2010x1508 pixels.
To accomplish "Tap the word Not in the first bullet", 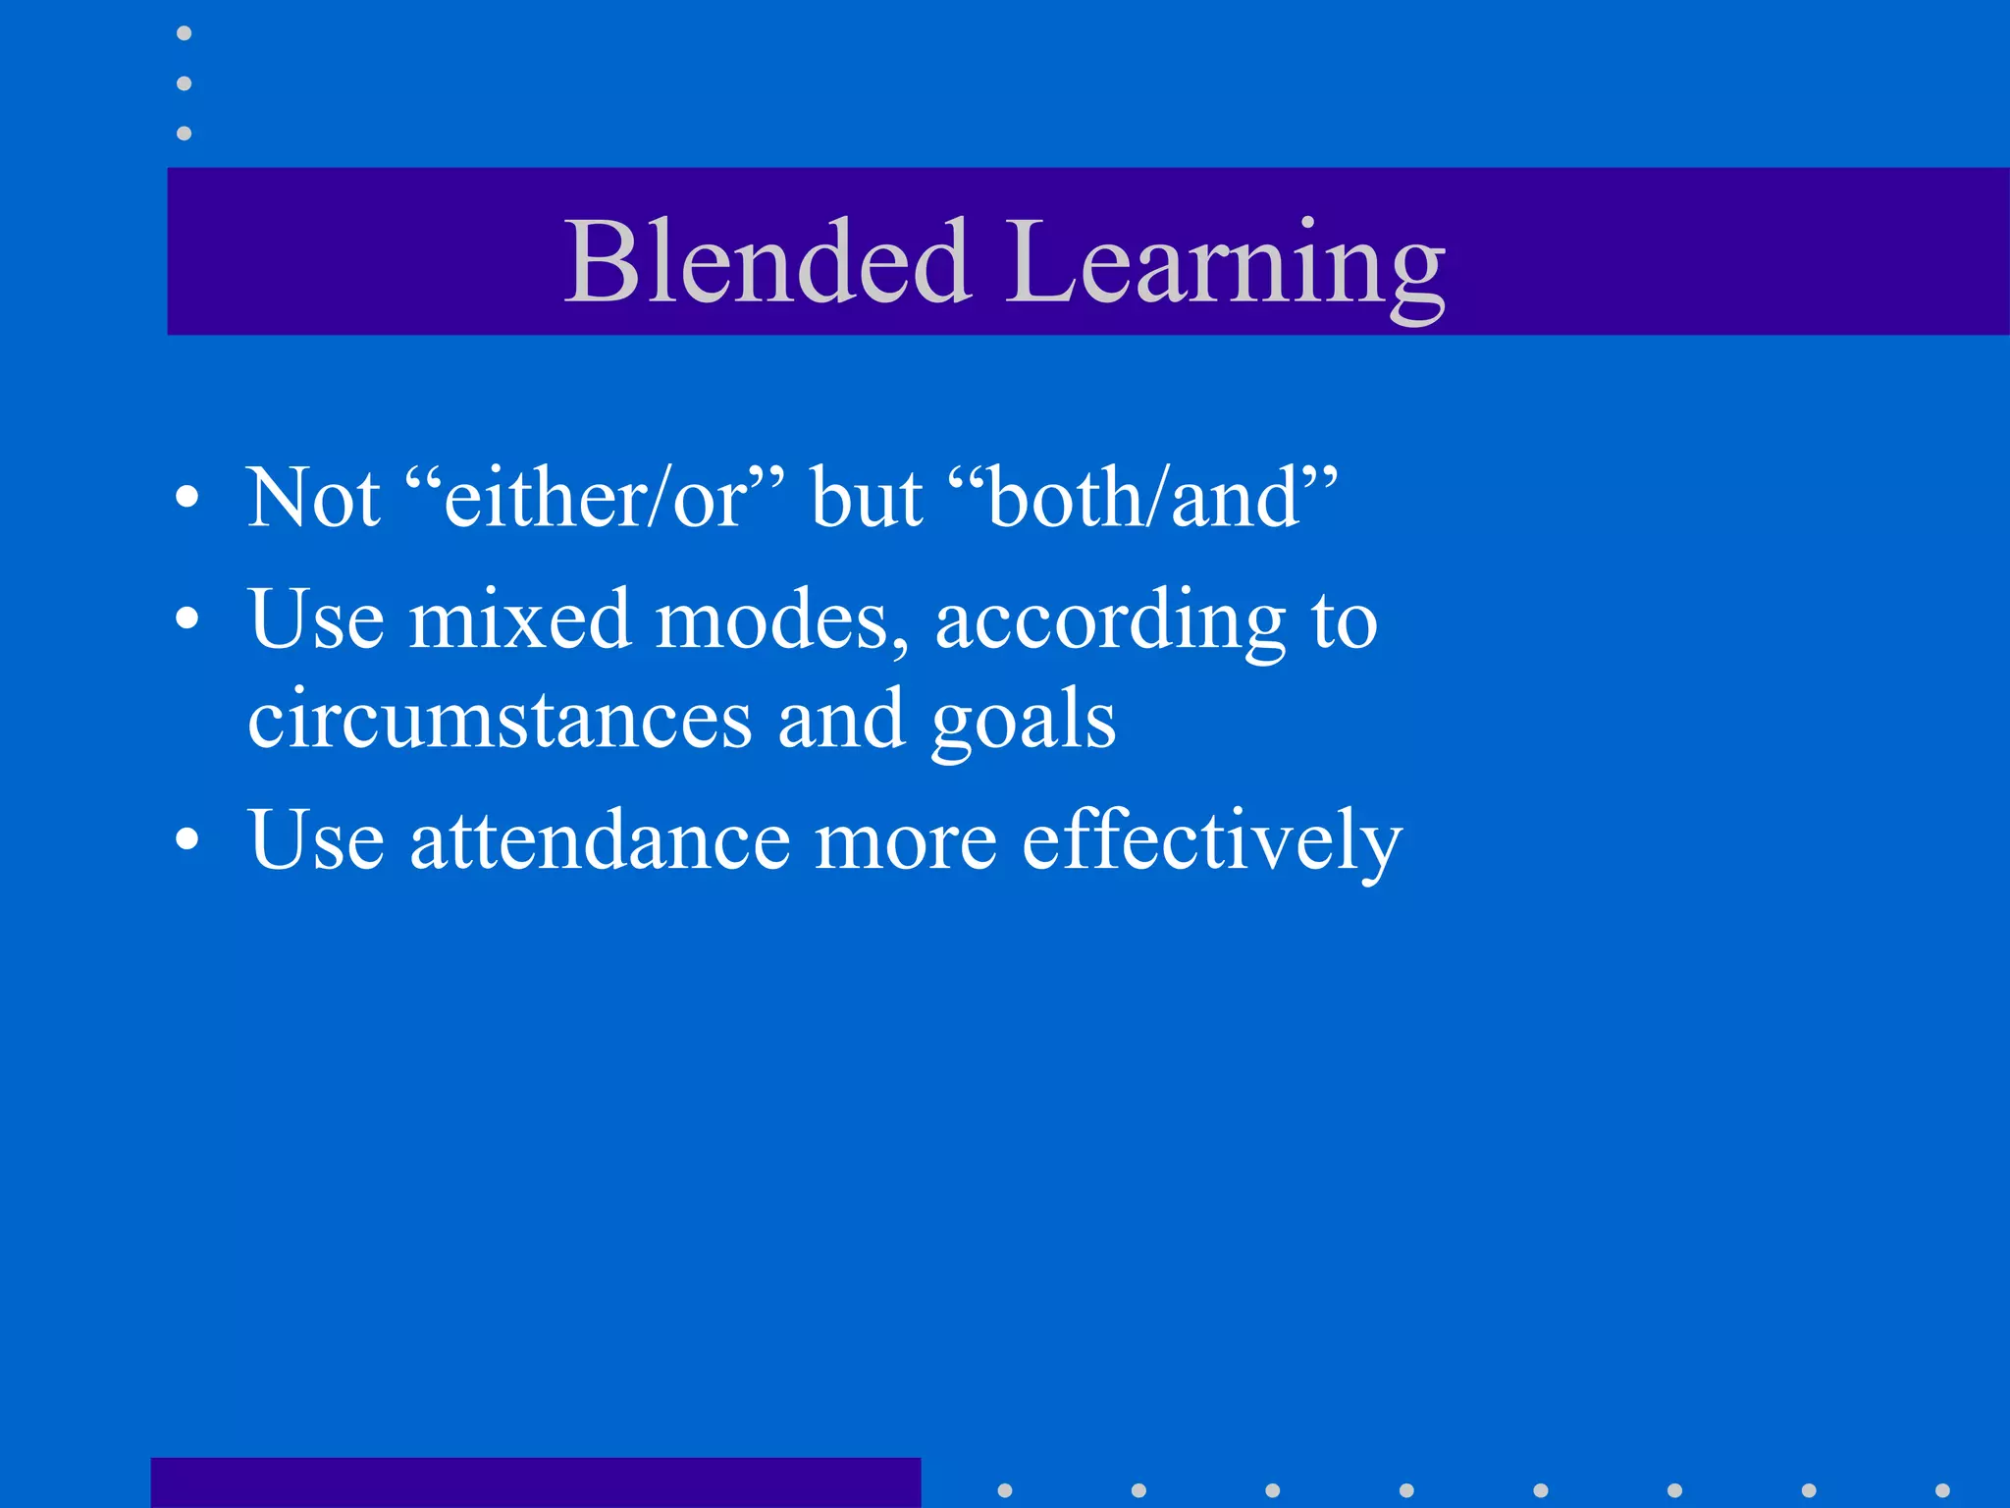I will click(x=313, y=498).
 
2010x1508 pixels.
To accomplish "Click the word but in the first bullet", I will click(x=867, y=498).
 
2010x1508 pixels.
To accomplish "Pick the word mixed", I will click(x=519, y=620).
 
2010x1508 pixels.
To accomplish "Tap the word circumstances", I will click(x=500, y=719).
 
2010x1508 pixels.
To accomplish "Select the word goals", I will click(x=1024, y=723).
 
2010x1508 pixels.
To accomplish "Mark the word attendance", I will click(x=600, y=840).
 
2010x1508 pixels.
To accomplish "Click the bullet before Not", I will click(x=186, y=499).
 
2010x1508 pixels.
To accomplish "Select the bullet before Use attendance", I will click(x=186, y=840).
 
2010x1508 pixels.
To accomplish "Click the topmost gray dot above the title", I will click(x=184, y=33).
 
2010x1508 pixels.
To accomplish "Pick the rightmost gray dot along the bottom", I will click(x=1942, y=1490).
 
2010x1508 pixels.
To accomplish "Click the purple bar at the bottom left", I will click(x=535, y=1482).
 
